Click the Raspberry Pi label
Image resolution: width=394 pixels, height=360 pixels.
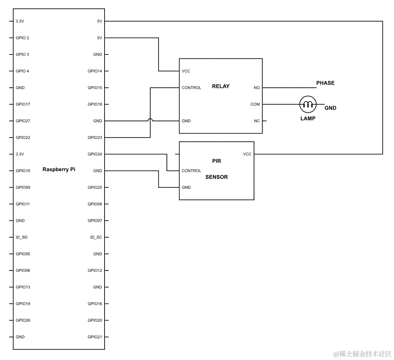tap(59, 169)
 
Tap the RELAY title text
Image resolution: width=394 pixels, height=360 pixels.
tap(221, 86)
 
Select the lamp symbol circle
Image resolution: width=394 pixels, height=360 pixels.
tap(308, 104)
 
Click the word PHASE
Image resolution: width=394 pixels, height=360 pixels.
tap(325, 83)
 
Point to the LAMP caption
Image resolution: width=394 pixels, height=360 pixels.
tap(308, 119)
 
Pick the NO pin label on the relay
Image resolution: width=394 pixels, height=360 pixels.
tap(257, 88)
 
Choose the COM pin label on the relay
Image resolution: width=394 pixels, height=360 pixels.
tap(255, 104)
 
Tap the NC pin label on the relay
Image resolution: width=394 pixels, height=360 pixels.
tap(257, 121)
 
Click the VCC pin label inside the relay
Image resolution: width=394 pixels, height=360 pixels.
tap(186, 71)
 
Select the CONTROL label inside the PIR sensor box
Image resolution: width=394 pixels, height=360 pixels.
tap(192, 171)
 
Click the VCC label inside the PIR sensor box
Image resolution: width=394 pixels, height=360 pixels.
tap(247, 154)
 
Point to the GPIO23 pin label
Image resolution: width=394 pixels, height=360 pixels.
tap(95, 138)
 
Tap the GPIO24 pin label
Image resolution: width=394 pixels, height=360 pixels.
tap(95, 154)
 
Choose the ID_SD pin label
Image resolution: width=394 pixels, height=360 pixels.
tap(22, 237)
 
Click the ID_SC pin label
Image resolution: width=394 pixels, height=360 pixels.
tap(96, 237)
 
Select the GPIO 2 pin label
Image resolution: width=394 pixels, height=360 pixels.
tap(23, 38)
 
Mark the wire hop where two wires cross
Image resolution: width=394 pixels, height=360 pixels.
tap(150, 120)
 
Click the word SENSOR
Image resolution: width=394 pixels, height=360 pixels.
tap(216, 177)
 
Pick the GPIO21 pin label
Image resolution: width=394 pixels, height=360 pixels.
tap(95, 337)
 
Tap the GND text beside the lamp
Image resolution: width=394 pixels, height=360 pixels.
tap(330, 108)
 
